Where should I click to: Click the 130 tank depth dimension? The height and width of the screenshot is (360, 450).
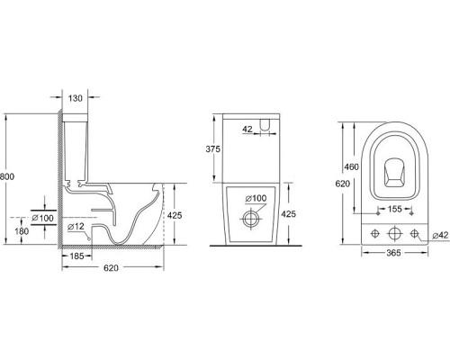(x=75, y=98)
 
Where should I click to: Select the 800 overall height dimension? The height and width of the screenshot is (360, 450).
(x=7, y=176)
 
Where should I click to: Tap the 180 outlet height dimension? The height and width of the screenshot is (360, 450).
(x=22, y=231)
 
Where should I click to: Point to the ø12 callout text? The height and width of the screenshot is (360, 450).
(x=76, y=227)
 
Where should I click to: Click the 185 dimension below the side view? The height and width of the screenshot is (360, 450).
(x=76, y=256)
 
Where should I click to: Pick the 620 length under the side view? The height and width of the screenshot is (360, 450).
(x=111, y=267)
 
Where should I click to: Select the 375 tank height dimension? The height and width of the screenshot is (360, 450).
(x=213, y=148)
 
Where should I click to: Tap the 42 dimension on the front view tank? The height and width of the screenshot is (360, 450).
(x=247, y=130)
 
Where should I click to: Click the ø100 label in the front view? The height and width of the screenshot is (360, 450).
(x=256, y=198)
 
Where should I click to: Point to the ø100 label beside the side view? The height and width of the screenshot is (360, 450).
(x=43, y=218)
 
